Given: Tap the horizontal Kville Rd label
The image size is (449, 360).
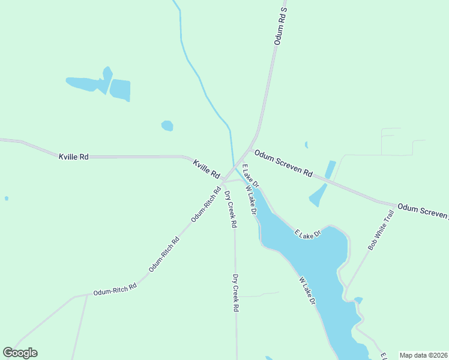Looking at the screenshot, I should point(74,157).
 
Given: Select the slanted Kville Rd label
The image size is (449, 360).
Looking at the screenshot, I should point(206,169).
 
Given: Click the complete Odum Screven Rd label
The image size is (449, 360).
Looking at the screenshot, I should point(283,163).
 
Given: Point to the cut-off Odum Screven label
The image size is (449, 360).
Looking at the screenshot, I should point(423,211).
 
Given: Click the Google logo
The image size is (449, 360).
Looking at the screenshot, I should point(20,353).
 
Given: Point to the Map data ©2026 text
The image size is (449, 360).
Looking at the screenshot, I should point(423,355).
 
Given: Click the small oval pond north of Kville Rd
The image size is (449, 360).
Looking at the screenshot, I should point(167,125).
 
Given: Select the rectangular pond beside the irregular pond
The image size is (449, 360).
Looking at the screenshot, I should point(120,90).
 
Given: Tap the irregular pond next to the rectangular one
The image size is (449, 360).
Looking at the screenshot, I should point(89,83).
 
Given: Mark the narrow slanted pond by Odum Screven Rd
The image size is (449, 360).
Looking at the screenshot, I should point(330,169).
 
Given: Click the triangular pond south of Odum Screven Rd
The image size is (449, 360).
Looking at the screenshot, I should point(317,196).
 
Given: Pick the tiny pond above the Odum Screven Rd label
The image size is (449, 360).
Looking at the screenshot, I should point(306,145).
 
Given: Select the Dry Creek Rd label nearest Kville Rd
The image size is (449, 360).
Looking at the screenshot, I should point(231,209).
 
